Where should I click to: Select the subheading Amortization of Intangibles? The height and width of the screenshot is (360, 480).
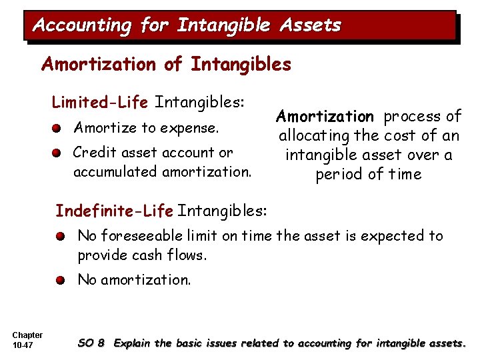(x=166, y=64)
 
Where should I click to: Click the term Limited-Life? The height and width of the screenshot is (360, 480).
(x=100, y=103)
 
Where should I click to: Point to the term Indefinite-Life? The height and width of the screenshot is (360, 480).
(x=114, y=211)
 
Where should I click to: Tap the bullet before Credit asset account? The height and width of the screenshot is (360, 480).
(x=60, y=152)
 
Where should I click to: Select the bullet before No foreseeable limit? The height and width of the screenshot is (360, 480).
(x=61, y=236)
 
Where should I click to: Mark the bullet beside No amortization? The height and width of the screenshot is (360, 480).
(x=61, y=280)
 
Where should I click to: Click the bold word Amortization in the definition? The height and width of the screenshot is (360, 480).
(x=325, y=117)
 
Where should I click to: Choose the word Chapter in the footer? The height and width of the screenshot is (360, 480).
(x=27, y=335)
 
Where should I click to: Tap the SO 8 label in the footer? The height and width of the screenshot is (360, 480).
(x=91, y=343)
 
